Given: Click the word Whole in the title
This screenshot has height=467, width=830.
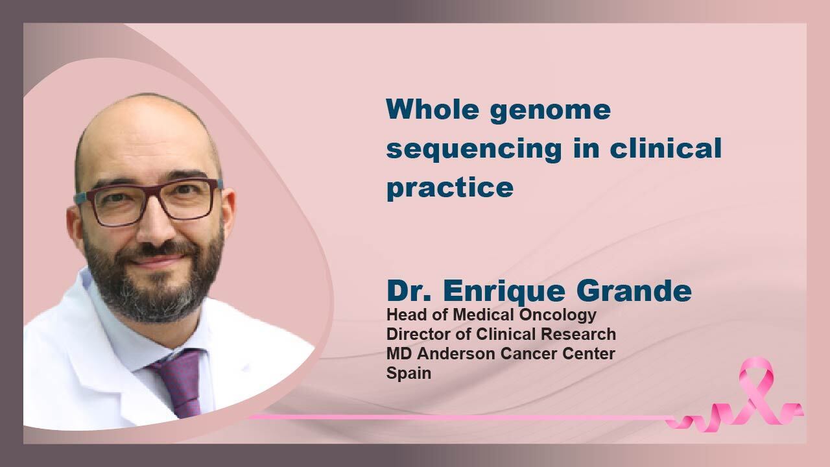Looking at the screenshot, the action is (x=433, y=109).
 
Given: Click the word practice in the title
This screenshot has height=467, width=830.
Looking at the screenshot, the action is (x=450, y=188).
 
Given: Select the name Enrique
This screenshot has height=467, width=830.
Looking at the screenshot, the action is (x=504, y=292).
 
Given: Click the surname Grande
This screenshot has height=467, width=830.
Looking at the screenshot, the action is (x=634, y=291).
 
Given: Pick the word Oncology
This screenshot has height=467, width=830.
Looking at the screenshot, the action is (x=558, y=316).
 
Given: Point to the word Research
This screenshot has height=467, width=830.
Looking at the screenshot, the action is (x=578, y=334).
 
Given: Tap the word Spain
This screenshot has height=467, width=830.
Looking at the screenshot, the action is (x=409, y=374).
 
